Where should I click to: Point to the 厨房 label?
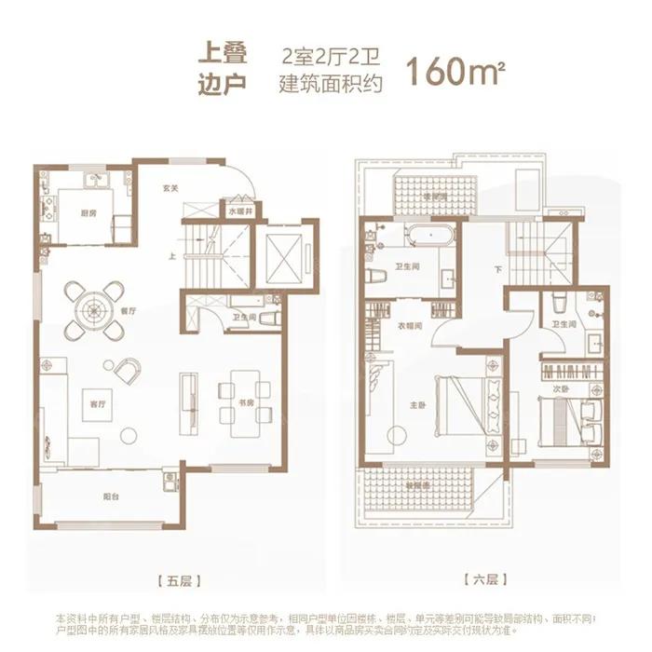[x=88, y=213]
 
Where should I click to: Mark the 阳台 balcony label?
[x=109, y=496]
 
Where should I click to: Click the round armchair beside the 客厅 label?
[x=128, y=370]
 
